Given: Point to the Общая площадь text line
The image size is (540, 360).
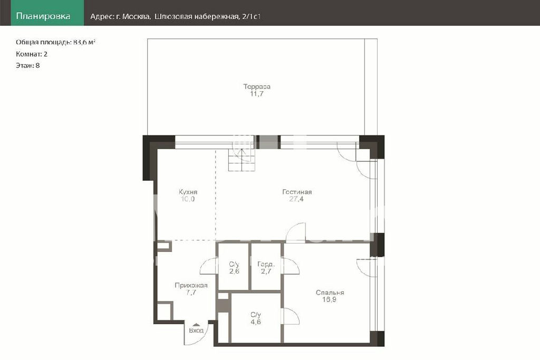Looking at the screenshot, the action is [55, 42].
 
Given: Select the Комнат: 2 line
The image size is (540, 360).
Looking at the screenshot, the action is [32, 54].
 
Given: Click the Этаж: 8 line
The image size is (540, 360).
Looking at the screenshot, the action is [27, 65].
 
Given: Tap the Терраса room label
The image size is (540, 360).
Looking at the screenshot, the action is [257, 86].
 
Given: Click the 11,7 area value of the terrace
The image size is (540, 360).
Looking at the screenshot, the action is [257, 94].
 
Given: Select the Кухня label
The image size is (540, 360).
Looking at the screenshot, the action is [188, 192].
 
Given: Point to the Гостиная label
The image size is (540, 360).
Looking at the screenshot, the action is [297, 192].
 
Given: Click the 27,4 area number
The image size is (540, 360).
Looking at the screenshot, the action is [296, 199].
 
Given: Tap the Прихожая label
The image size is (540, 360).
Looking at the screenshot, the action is [191, 285].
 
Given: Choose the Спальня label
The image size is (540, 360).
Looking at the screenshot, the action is [330, 293].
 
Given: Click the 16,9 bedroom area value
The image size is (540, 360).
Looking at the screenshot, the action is [329, 299].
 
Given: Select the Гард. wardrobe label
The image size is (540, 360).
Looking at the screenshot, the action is [266, 264].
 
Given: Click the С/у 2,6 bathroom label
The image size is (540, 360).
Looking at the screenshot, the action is [234, 268].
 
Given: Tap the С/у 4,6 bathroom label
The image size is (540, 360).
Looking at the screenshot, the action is [256, 318].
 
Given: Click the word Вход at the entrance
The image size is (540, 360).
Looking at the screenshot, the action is [196, 330].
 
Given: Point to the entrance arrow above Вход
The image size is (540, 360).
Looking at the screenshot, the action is [196, 325].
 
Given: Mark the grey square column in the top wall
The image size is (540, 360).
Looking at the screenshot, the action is [268, 142].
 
